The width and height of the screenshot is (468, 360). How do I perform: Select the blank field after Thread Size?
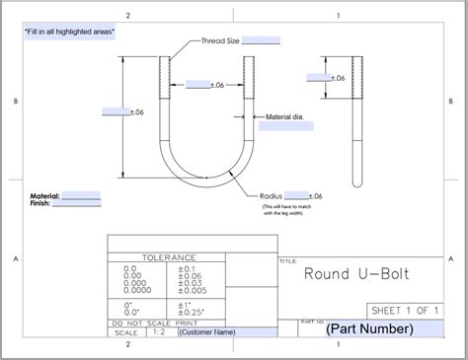(261, 40)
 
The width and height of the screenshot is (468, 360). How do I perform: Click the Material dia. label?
(284, 117)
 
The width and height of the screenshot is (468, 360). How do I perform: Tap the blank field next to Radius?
(297, 196)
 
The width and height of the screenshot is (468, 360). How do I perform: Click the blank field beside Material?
(81, 196)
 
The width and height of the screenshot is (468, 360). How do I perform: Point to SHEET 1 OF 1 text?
(405, 309)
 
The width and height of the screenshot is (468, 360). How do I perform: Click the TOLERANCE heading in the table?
(168, 257)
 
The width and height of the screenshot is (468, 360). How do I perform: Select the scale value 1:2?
(158, 332)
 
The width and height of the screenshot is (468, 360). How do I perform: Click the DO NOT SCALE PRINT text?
(155, 323)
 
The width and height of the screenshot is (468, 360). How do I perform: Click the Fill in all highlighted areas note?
(70, 32)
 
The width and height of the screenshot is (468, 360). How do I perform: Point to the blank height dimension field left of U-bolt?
(116, 111)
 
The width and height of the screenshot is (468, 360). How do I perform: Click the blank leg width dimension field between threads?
(197, 85)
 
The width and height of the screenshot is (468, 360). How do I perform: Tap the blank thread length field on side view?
(318, 77)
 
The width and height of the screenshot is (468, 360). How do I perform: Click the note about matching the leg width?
(283, 209)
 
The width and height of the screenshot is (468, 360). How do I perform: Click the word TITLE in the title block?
(288, 261)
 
